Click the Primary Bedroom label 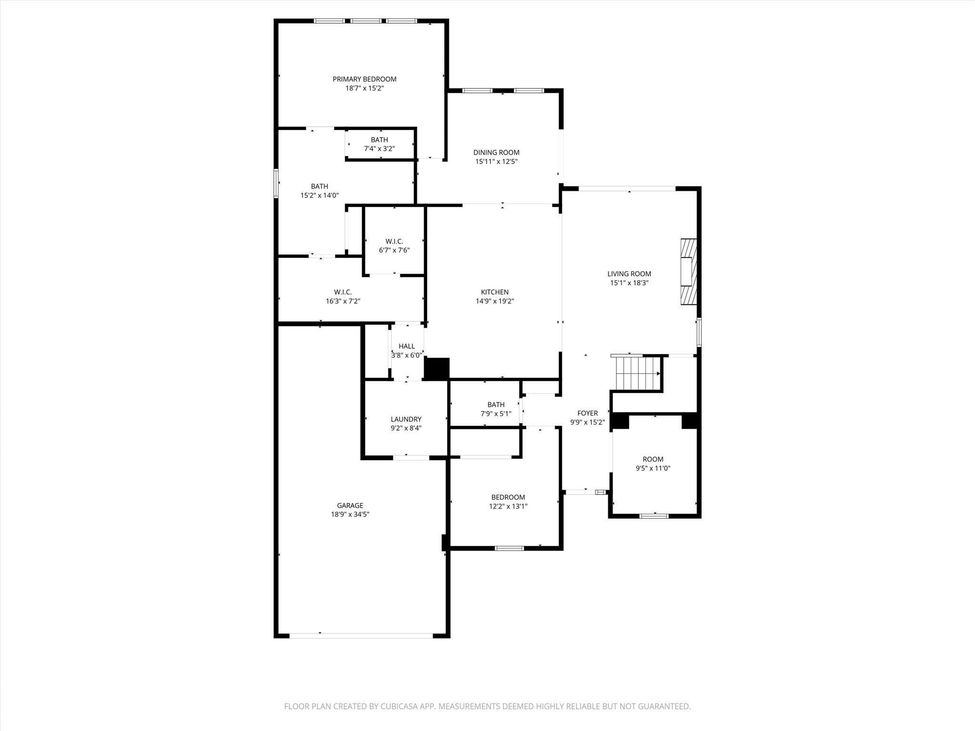click(364, 79)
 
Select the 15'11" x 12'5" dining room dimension click(496, 161)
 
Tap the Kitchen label click(495, 292)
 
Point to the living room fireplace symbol click(688, 271)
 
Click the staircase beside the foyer click(637, 373)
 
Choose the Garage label click(350, 505)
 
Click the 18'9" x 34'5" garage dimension click(350, 514)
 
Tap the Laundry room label click(406, 419)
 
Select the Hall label click(407, 346)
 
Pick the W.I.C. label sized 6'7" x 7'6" click(394, 241)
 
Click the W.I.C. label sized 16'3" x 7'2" click(343, 292)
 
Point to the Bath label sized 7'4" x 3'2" click(379, 139)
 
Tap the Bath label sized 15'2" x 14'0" click(319, 186)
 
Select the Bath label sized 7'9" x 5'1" click(496, 405)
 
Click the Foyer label click(587, 413)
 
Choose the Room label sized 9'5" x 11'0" click(653, 459)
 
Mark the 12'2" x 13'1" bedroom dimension click(508, 506)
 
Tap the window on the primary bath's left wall click(276, 183)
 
